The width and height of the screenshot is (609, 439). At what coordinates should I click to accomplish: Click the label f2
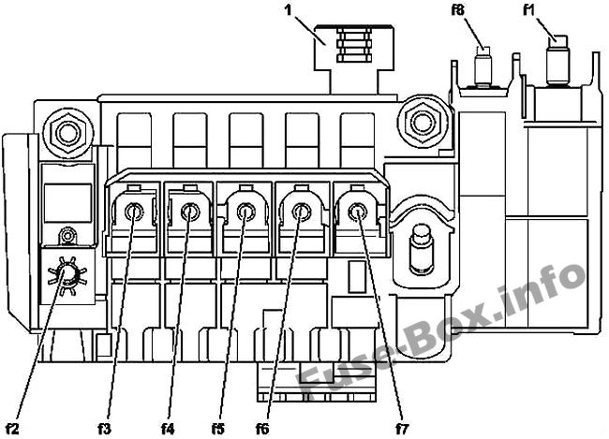[11, 429]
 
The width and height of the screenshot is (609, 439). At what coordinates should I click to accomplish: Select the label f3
[104, 429]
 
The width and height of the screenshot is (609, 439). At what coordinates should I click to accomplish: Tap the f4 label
[168, 429]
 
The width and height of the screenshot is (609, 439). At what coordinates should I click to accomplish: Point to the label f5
[218, 429]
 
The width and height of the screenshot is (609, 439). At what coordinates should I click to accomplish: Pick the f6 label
[262, 429]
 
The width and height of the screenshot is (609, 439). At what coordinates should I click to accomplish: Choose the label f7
[402, 429]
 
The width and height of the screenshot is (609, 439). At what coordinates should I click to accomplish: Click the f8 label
[458, 10]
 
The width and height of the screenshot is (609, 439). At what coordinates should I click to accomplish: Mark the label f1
[528, 10]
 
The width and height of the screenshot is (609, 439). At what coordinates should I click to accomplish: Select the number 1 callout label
[289, 10]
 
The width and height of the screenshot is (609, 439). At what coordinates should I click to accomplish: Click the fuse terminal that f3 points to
[134, 212]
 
